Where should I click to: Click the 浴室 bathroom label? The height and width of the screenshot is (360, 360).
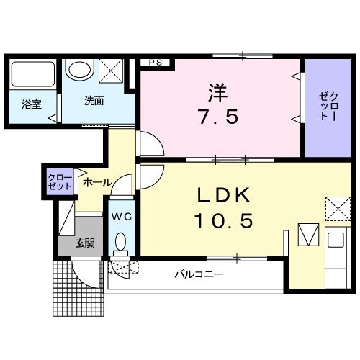pyautogui.click(x=30, y=104)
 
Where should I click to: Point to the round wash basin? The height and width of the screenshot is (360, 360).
pyautogui.click(x=78, y=71)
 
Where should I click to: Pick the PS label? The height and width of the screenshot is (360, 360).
pyautogui.click(x=154, y=63)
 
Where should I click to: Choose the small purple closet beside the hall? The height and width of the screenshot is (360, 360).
pyautogui.click(x=60, y=181)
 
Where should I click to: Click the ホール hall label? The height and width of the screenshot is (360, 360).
pyautogui.click(x=96, y=183)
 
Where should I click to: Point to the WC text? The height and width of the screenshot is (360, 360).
pyautogui.click(x=120, y=215)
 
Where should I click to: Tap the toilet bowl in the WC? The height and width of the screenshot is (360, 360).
pyautogui.click(x=120, y=243)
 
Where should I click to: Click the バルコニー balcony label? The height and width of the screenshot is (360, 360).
pyautogui.click(x=199, y=274)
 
